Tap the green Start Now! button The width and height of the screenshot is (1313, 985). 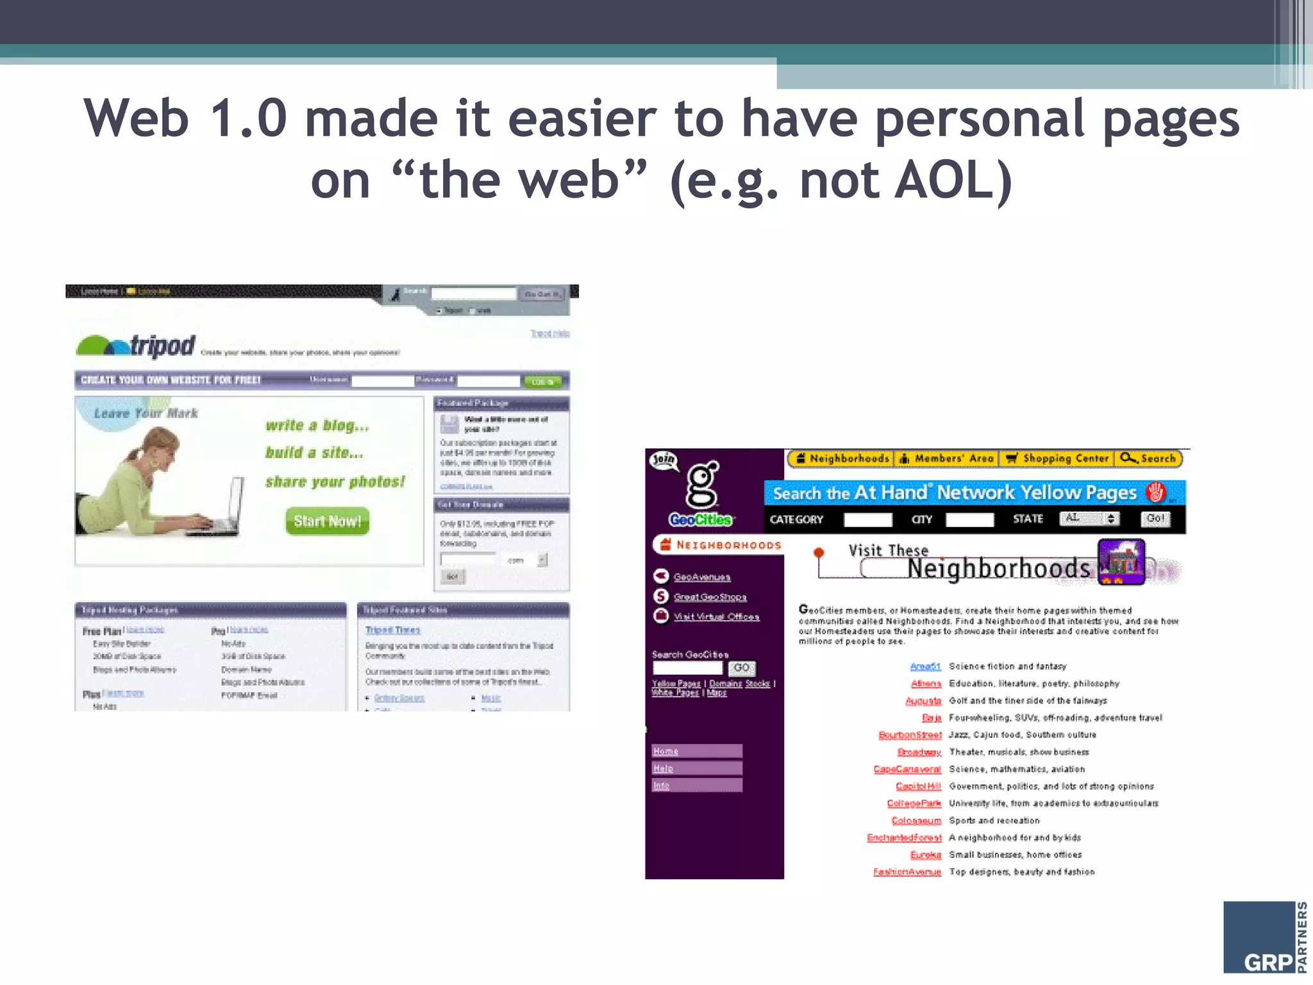(x=327, y=521)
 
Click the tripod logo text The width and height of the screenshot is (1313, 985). (x=163, y=346)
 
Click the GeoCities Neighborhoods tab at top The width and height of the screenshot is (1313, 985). (x=842, y=459)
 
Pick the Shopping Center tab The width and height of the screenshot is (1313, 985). (x=1058, y=459)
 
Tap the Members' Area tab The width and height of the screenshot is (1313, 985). (x=947, y=459)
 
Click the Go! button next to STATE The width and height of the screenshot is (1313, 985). (x=1155, y=518)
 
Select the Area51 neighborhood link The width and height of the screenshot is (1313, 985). (x=925, y=666)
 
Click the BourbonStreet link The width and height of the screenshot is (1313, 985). (x=910, y=735)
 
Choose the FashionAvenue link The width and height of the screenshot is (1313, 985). (x=907, y=872)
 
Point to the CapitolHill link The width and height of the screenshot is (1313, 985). (x=918, y=786)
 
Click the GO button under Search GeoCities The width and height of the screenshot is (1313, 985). (x=741, y=668)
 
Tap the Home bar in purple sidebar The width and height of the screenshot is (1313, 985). (x=697, y=751)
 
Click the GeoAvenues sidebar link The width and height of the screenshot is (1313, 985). (x=702, y=577)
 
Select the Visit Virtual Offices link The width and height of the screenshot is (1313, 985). (x=716, y=617)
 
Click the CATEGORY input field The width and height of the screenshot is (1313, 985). (x=867, y=519)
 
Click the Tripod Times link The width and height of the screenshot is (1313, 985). (x=392, y=630)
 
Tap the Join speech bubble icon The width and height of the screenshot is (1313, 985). (x=664, y=460)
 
